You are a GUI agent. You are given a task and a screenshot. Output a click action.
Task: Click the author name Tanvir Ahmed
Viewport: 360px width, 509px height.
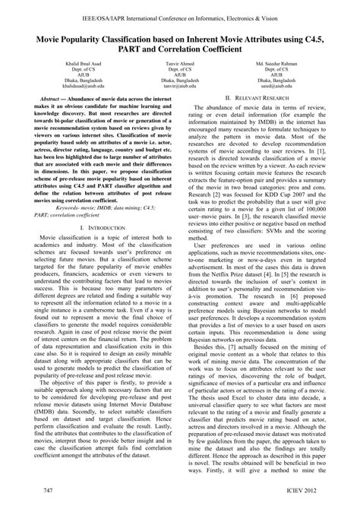coord(180,65)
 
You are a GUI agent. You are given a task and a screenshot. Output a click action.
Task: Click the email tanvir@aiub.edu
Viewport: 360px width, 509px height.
coord(180,89)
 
